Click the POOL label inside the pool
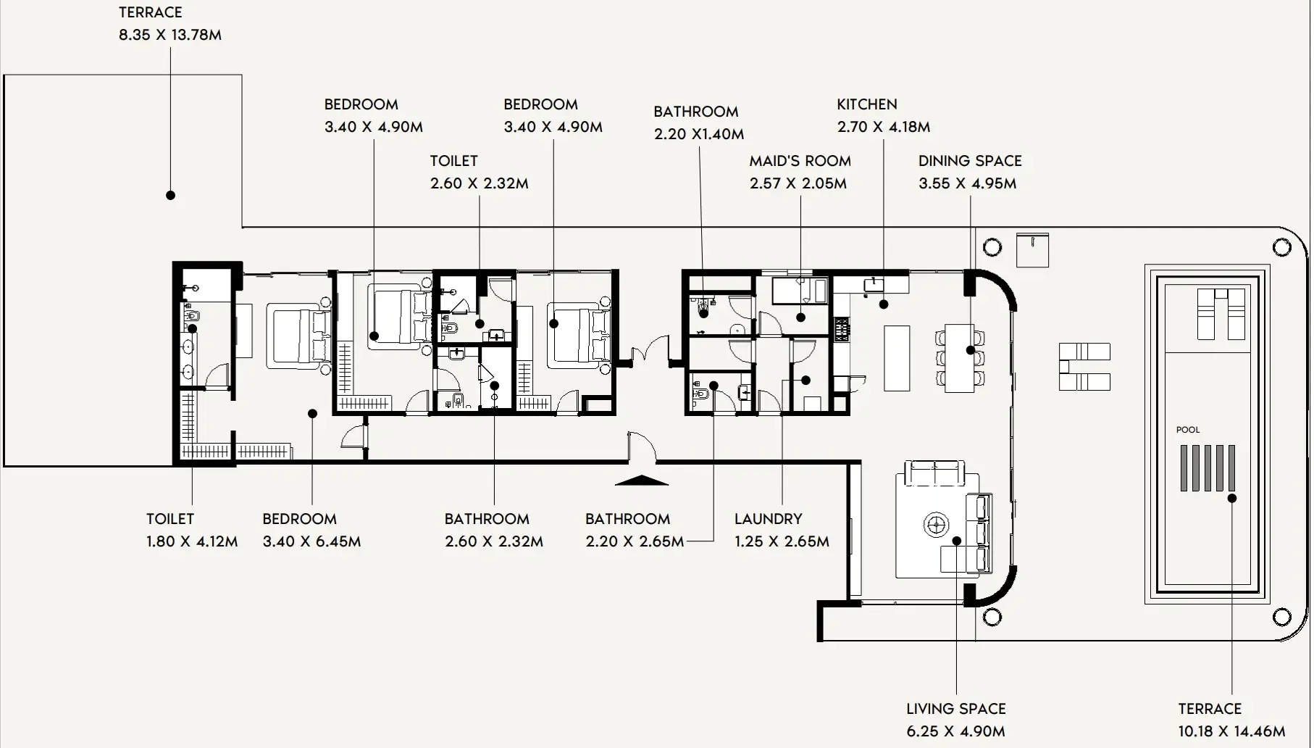(1188, 430)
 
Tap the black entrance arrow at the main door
(641, 479)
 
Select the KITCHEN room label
(867, 104)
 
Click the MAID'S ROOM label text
(800, 161)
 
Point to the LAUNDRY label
(769, 519)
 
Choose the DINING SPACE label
(970, 161)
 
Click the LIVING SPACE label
(956, 709)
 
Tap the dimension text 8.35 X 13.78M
(170, 35)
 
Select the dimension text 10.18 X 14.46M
(1231, 731)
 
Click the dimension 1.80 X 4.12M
(192, 541)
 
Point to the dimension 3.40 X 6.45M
(311, 541)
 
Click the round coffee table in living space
(936, 523)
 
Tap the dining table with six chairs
(960, 358)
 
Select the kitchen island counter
(897, 358)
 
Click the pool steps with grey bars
(1208, 468)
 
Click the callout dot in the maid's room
(801, 317)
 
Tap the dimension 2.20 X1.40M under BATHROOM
(699, 134)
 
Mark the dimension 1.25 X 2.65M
(782, 541)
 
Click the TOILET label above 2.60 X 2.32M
(454, 161)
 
